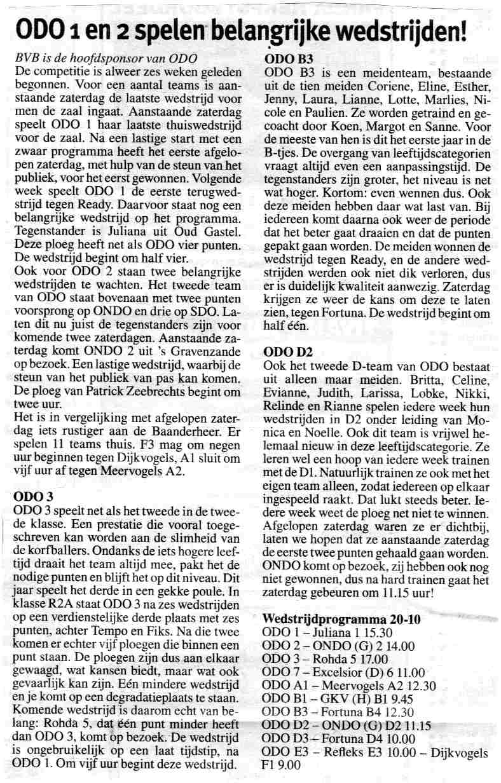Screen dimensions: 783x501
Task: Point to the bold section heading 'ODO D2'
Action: coord(285,351)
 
